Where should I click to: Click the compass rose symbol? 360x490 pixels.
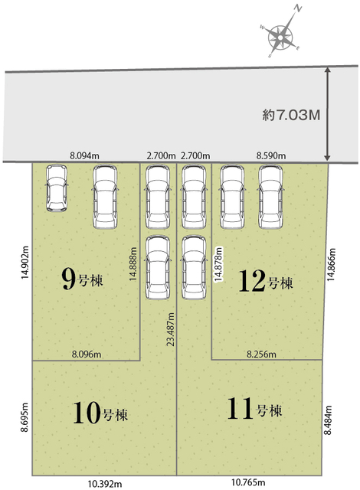tap(280, 38)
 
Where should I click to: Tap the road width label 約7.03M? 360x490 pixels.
tap(291, 116)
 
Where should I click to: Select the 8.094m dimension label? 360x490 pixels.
tap(84, 155)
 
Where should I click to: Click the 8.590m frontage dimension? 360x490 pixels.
tap(271, 155)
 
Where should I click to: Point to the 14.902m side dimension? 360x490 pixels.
tap(25, 262)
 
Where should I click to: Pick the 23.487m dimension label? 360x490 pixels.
tap(171, 329)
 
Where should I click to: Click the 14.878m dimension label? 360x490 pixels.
tap(218, 264)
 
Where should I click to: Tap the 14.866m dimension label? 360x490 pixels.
tap(331, 264)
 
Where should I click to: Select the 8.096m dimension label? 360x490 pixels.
tap(87, 354)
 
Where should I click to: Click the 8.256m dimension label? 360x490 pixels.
tap(261, 354)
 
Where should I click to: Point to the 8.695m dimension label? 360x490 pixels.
tap(25, 417)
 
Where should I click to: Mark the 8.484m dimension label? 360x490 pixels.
tap(328, 420)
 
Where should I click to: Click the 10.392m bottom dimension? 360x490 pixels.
tap(105, 484)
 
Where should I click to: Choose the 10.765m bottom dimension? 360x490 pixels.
tap(248, 482)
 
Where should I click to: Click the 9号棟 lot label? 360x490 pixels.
tap(82, 279)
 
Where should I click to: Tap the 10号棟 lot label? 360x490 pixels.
tap(100, 413)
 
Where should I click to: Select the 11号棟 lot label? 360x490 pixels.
tap(254, 408)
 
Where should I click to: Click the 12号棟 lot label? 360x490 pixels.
tap(266, 281)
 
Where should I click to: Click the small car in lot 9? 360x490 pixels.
tap(57, 188)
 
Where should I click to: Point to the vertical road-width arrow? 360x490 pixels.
tap(327, 114)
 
